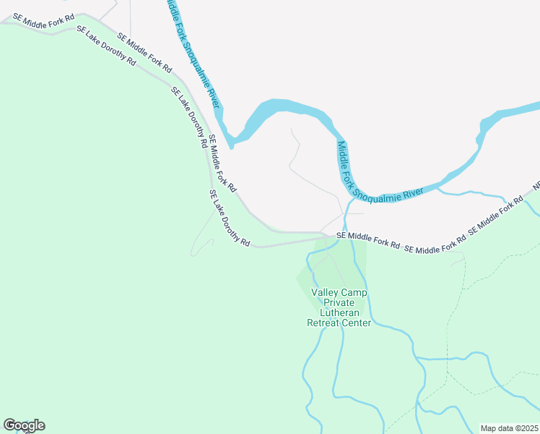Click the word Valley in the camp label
click(323, 292)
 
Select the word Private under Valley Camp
click(339, 302)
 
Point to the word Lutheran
click(339, 312)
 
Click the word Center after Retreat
click(357, 323)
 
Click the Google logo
click(24, 425)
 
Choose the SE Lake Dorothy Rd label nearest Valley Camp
click(229, 218)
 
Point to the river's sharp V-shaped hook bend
click(230, 142)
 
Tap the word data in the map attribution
click(502, 428)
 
